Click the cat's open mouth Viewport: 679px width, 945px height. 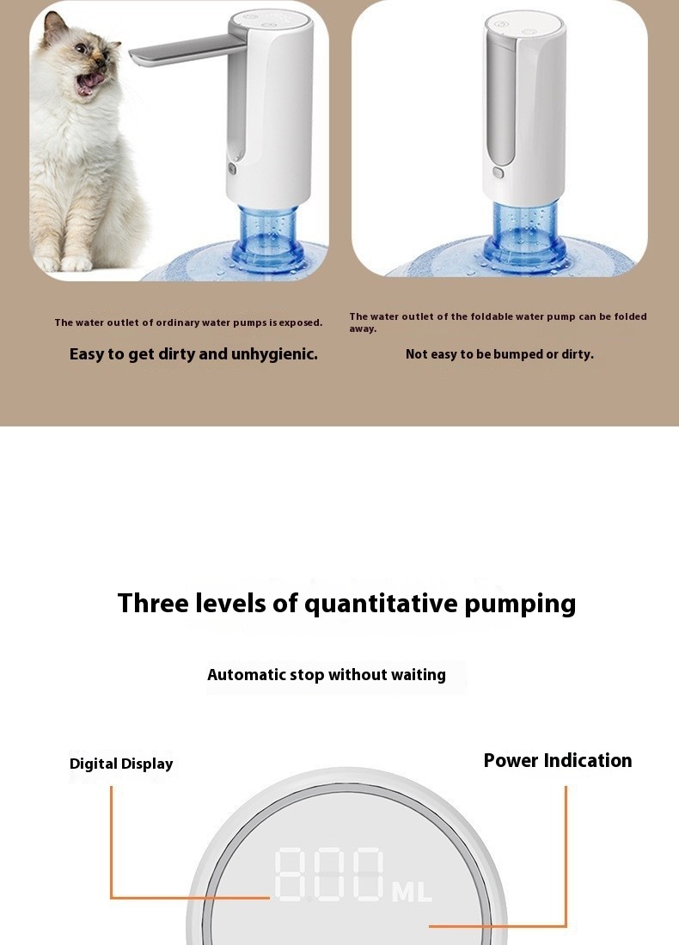[90, 83]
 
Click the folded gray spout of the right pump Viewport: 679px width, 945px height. [501, 95]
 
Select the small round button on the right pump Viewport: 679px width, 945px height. [498, 172]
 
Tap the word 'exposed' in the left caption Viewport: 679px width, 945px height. [300, 323]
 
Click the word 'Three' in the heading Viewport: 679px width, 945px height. [154, 603]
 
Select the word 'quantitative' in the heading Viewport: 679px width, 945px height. [381, 603]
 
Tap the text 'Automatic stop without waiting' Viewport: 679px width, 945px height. [327, 675]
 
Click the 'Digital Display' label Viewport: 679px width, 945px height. [121, 764]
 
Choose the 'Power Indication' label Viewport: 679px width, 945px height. [557, 760]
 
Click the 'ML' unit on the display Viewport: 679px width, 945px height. [412, 892]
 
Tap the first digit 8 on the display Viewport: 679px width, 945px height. [291, 875]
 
